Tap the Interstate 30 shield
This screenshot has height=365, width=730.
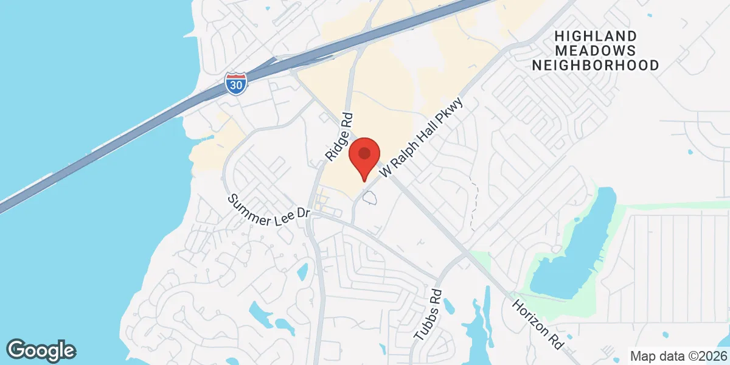[235, 83]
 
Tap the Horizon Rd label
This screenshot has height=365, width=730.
[536, 324]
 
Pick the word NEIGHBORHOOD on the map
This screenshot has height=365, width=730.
[596, 65]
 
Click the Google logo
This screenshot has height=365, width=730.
[41, 350]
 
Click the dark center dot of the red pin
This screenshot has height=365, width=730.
[364, 153]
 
